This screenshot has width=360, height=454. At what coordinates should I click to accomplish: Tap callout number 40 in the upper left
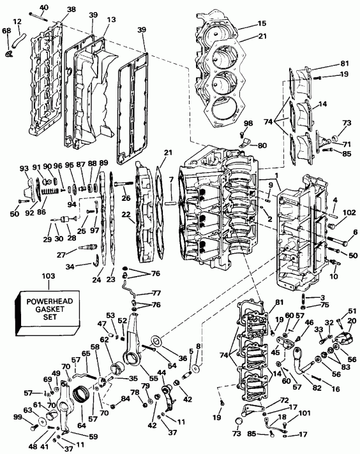tap(44, 8)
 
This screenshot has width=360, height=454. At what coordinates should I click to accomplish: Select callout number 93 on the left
tap(25, 169)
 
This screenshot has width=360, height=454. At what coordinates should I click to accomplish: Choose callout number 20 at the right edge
tap(352, 321)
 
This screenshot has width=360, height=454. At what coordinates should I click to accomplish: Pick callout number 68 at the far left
tap(6, 31)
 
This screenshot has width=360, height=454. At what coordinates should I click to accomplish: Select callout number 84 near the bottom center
tap(125, 399)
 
